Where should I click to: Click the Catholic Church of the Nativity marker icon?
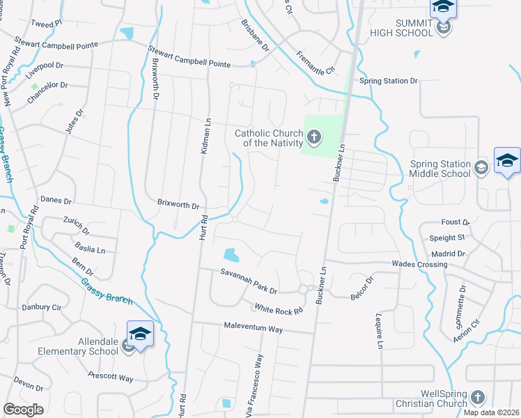tap(314, 137)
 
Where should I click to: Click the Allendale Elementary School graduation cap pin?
tap(140, 335)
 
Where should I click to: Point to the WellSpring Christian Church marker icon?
tap(477, 397)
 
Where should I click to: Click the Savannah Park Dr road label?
tap(249, 281)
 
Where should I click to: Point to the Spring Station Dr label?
tap(388, 81)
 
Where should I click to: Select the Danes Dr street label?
tap(56, 201)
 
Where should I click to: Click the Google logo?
tap(23, 410)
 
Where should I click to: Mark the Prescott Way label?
tap(110, 378)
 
